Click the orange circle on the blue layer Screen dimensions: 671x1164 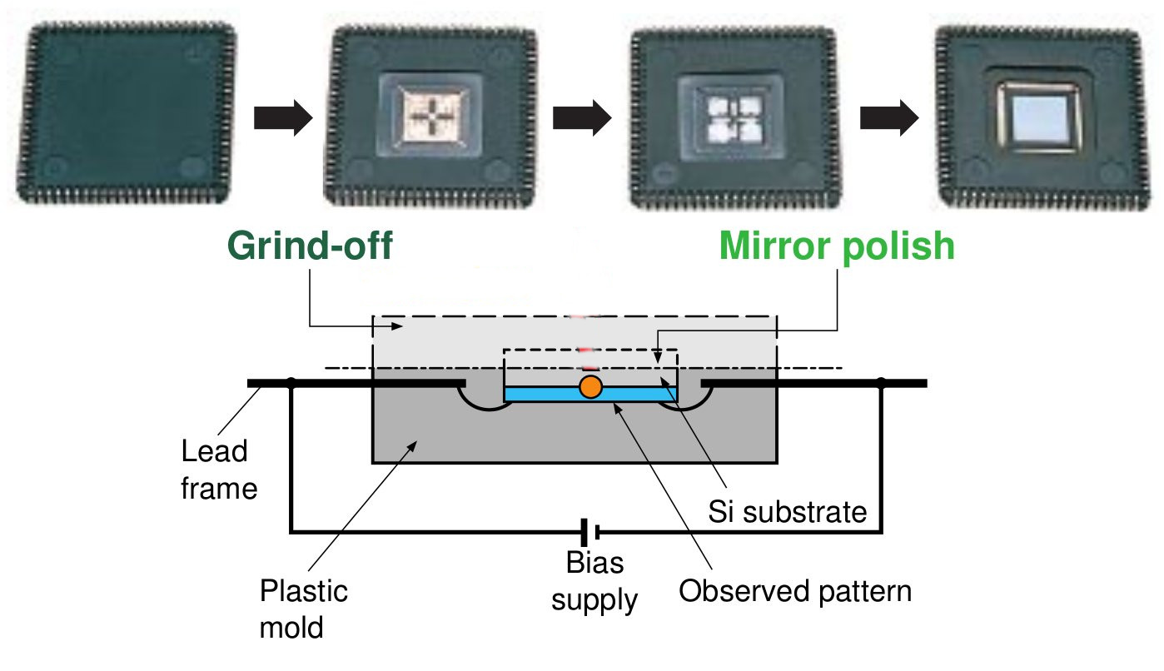[x=590, y=386]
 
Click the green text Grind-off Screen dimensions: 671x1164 [x=310, y=247]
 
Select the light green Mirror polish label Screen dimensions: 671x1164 [x=837, y=247]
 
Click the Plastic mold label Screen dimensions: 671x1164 [x=303, y=609]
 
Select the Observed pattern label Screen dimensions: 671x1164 [x=795, y=591]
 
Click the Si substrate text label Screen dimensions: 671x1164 [x=788, y=511]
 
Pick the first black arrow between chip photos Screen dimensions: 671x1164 [x=281, y=119]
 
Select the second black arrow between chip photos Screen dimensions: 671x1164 [x=583, y=119]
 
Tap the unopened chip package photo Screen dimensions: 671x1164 [x=127, y=114]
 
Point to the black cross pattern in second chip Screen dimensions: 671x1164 [x=432, y=118]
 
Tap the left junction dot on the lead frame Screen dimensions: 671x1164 [x=291, y=384]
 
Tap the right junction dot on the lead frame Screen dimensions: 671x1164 [x=881, y=384]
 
